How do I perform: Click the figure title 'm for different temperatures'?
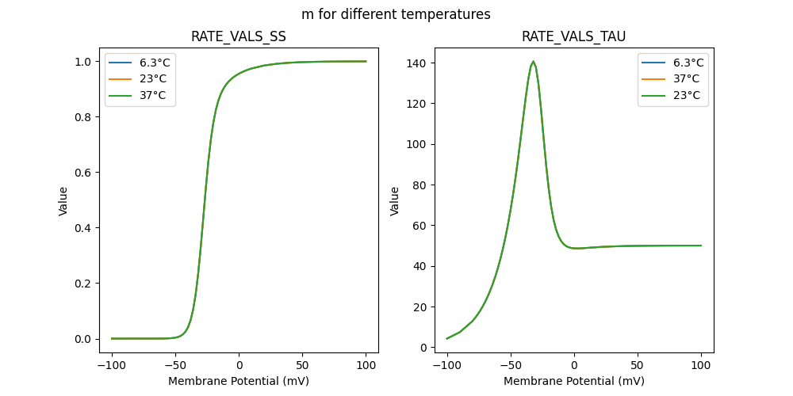point(396,14)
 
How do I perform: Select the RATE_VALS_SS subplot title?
point(239,36)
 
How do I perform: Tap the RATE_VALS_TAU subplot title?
point(573,36)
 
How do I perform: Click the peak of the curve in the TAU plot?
point(533,61)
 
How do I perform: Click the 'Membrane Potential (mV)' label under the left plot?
point(239,381)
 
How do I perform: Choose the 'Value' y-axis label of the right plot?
point(394,201)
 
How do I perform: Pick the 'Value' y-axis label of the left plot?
point(63,201)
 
